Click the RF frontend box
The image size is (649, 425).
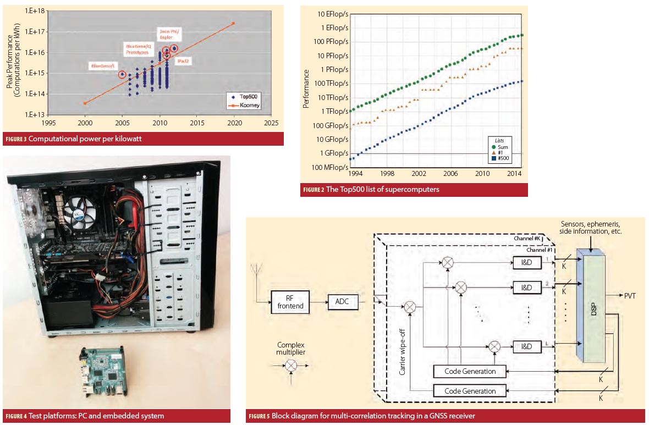pyautogui.click(x=290, y=302)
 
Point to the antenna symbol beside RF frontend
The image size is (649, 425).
pyautogui.click(x=255, y=271)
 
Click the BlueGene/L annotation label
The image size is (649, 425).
pyautogui.click(x=103, y=67)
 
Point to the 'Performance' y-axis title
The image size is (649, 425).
pyautogui.click(x=306, y=89)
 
